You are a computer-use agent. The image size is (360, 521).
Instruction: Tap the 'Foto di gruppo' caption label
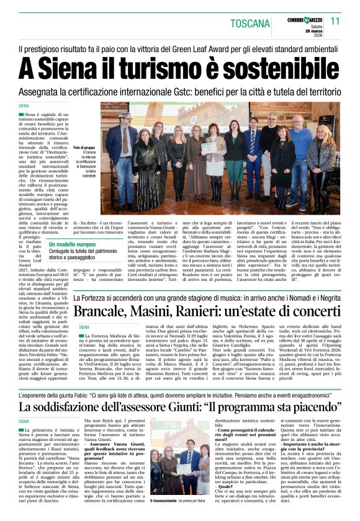tap(86, 148)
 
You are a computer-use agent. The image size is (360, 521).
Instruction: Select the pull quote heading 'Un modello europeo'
tap(73, 246)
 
